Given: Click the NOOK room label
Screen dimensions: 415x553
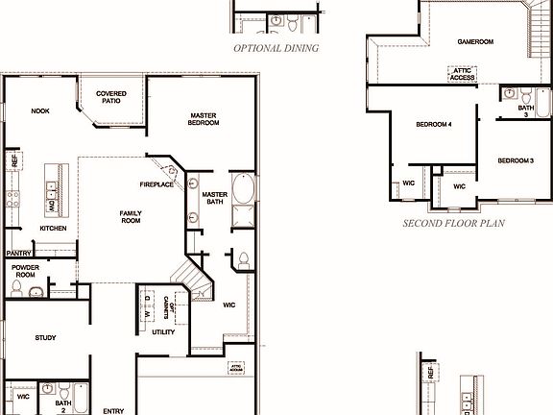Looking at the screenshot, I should click(40, 110).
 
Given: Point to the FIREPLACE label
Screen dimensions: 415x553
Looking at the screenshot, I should click(156, 184).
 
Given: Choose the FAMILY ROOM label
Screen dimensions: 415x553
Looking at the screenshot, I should click(131, 217).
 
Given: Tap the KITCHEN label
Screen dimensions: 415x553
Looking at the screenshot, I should click(53, 229).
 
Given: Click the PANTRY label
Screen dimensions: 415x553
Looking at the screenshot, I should click(19, 254).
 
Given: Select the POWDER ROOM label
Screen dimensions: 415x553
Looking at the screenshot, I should click(24, 271).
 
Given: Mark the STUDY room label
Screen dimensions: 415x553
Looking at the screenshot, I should click(45, 338).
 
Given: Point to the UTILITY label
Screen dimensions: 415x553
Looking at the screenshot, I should click(163, 331).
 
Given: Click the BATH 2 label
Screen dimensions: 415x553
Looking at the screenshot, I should click(63, 406).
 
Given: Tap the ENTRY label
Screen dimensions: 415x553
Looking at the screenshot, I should click(113, 411).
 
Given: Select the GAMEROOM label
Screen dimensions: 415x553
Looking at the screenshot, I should click(474, 42).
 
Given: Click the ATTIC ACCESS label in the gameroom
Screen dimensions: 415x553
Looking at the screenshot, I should click(465, 73).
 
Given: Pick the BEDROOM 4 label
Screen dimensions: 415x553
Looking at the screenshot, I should click(434, 125).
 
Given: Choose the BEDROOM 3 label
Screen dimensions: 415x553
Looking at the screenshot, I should click(516, 159).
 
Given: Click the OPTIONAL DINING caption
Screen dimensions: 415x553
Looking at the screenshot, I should click(276, 47).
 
